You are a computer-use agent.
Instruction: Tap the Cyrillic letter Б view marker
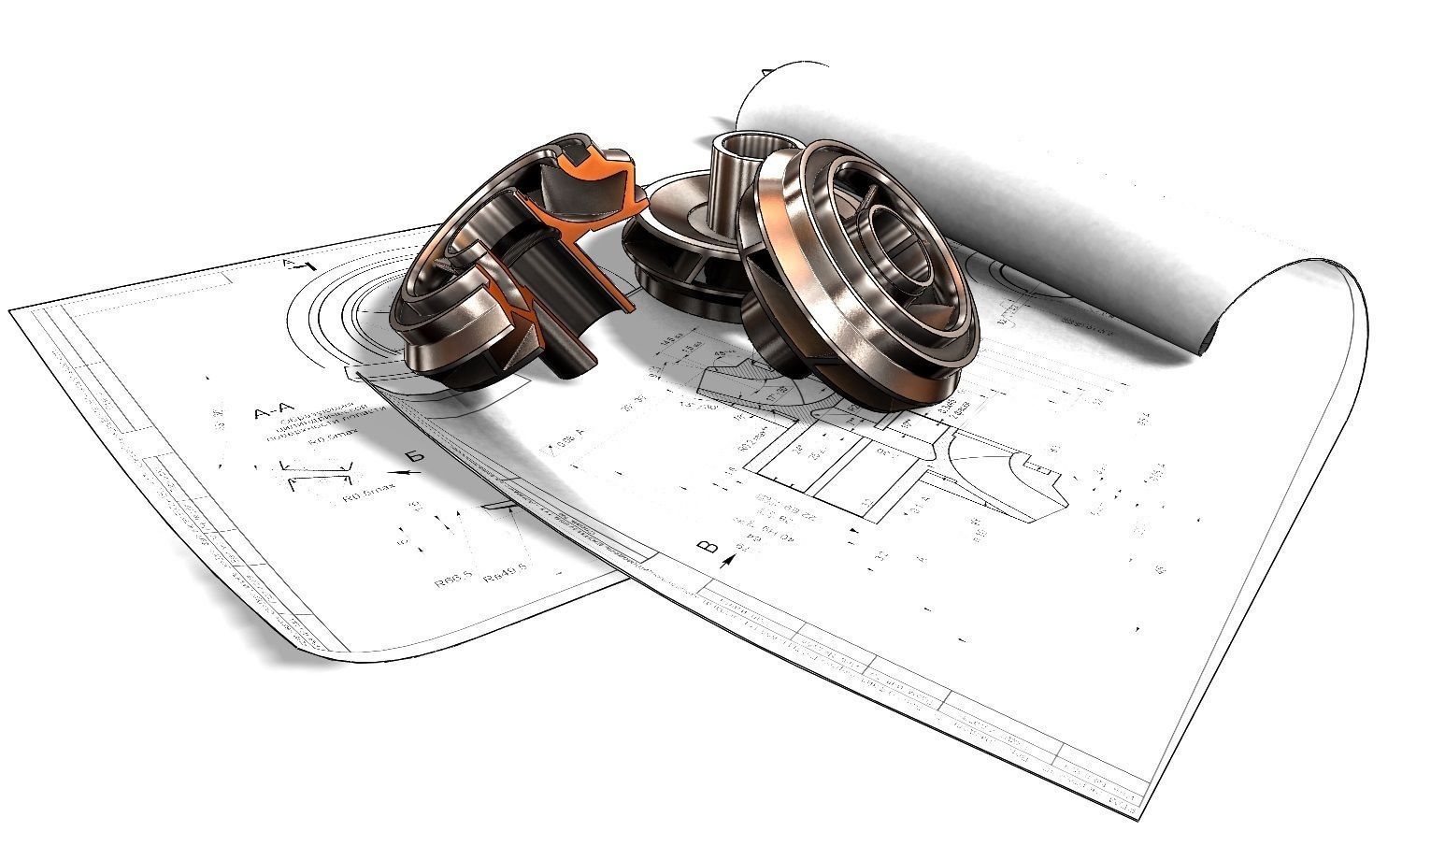click(x=417, y=457)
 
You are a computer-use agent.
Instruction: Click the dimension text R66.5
click(x=452, y=581)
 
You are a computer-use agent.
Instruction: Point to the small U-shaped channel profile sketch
click(x=318, y=474)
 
